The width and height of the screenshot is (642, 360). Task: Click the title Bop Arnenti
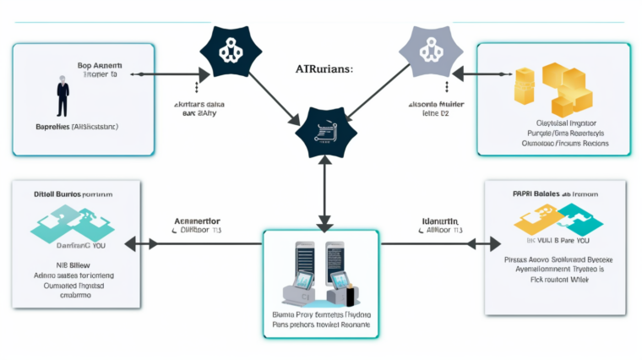(x=101, y=65)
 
